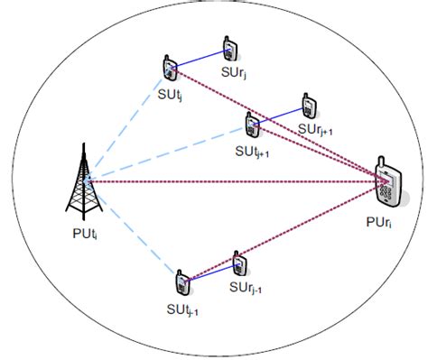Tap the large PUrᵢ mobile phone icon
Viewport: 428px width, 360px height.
point(389,183)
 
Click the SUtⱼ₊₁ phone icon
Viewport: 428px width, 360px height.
point(251,124)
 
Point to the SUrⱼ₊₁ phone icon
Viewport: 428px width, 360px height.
point(308,106)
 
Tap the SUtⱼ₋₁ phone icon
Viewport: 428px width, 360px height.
point(182,282)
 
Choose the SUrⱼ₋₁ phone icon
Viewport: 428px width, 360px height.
point(238,263)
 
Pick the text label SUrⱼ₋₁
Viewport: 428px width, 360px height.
point(245,288)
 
